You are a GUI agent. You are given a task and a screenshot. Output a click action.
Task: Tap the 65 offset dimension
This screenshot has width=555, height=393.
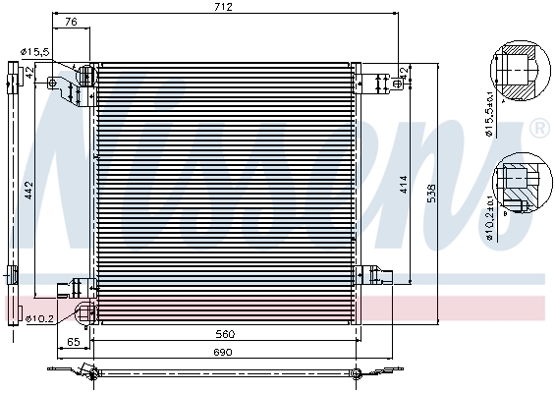pyautogui.click(x=73, y=341)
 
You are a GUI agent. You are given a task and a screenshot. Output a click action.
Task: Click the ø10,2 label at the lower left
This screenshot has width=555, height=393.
pyautogui.click(x=40, y=317)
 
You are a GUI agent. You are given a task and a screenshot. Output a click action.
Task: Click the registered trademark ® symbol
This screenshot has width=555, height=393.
pyautogui.click(x=538, y=129)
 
